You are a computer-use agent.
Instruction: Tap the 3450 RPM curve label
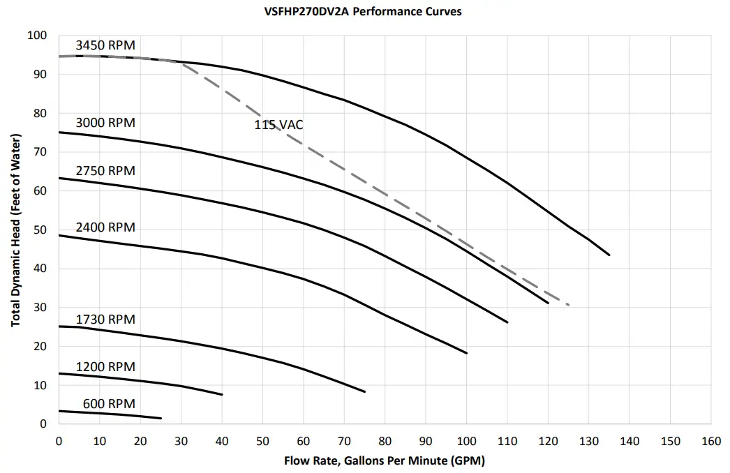click(x=105, y=45)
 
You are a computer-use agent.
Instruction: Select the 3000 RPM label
click(x=105, y=123)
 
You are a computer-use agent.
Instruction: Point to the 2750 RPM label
click(x=105, y=171)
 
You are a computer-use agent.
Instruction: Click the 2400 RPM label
click(x=105, y=228)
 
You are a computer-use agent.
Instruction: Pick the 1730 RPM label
click(x=105, y=320)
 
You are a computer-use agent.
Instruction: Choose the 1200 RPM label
click(x=105, y=367)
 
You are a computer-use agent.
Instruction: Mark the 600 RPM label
click(x=109, y=404)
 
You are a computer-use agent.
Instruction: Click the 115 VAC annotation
click(x=278, y=126)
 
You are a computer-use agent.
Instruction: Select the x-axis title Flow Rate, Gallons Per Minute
click(x=384, y=461)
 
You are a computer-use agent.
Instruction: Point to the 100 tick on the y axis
click(x=37, y=36)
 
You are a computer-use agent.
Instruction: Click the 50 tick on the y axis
click(x=40, y=230)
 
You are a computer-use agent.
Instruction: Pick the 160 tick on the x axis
click(x=710, y=441)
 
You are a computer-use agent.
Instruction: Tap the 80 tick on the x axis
click(x=385, y=441)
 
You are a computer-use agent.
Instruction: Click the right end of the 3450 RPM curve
click(x=609, y=255)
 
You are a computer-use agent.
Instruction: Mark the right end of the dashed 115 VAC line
click(x=569, y=305)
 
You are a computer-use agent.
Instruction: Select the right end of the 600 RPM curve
click(x=161, y=419)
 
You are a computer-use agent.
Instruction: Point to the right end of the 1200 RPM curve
click(x=222, y=395)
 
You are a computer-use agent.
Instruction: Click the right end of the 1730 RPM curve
click(x=364, y=391)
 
